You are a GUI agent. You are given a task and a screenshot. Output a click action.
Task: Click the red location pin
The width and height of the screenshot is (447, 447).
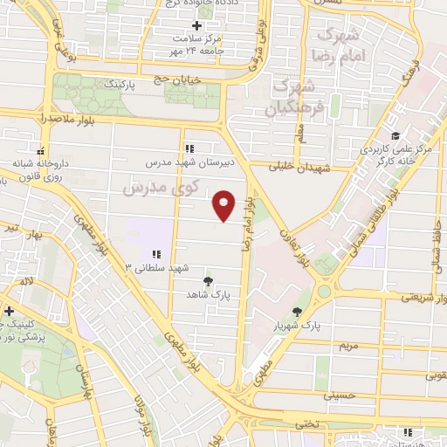225,204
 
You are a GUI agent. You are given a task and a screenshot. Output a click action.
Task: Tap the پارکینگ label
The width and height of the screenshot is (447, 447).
121,88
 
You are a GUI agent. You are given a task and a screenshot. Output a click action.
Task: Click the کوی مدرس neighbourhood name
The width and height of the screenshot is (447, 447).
162,187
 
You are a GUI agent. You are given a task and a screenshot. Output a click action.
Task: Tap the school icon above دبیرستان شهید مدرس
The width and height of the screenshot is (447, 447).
189,147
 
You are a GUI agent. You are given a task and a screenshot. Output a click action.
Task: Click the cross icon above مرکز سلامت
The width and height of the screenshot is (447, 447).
197,25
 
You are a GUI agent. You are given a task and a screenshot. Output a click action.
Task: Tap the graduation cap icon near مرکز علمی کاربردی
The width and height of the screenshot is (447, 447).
395,135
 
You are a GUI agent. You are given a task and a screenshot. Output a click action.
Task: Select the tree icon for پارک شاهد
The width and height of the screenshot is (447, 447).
208,281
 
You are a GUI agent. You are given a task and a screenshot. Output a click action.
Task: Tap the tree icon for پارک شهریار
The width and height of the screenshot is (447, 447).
298,312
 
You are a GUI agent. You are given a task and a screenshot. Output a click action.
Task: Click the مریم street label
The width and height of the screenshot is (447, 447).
347,346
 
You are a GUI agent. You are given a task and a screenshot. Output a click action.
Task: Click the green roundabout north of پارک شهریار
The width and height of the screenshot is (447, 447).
324,291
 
